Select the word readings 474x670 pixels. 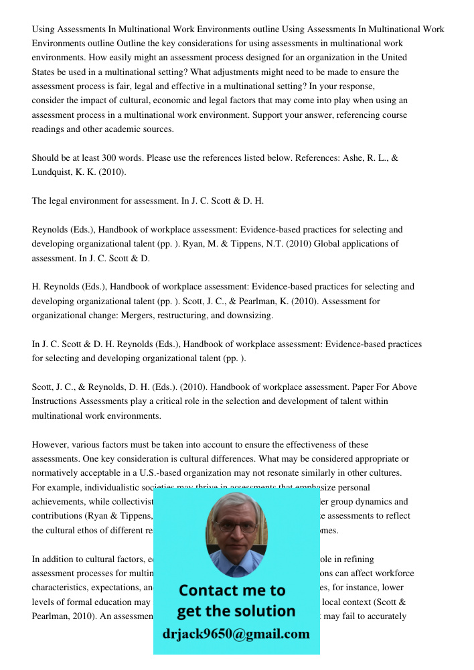coord(50,129)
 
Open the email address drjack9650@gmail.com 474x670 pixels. coord(236,634)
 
